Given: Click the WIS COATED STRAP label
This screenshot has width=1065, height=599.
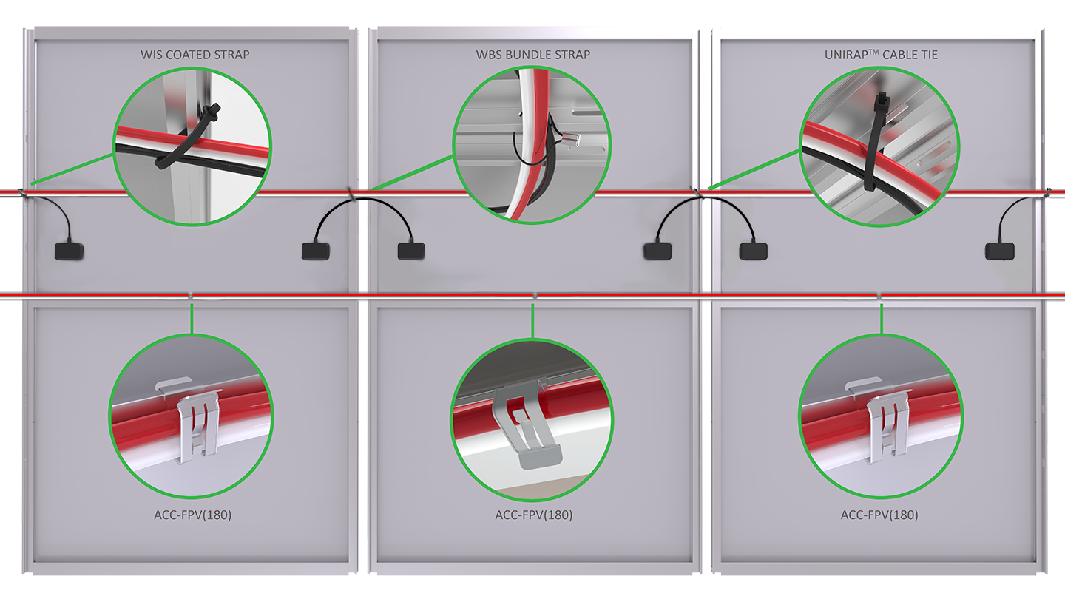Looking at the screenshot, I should pyautogui.click(x=195, y=55).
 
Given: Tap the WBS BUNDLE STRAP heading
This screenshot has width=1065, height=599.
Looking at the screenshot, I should pyautogui.click(x=532, y=55).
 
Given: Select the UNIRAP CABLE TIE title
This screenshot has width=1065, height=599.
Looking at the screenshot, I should pyautogui.click(x=881, y=55).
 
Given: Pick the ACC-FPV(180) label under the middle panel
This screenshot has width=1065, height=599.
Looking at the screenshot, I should pyautogui.click(x=533, y=515).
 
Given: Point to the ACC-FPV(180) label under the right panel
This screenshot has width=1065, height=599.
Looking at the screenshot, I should pyautogui.click(x=879, y=515).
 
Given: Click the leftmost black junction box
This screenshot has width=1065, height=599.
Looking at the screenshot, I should pyautogui.click(x=70, y=251).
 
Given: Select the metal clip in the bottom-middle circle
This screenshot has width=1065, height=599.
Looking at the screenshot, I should pyautogui.click(x=529, y=429).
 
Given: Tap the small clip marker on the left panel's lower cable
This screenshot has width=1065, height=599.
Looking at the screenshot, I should pyautogui.click(x=191, y=296).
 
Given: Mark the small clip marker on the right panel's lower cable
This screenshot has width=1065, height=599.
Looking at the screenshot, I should pyautogui.click(x=879, y=296).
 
